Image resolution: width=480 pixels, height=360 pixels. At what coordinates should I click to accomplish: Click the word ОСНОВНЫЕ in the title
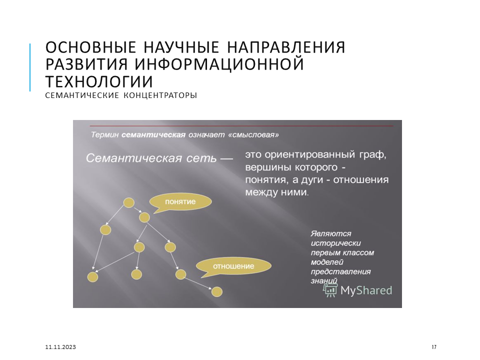tap(90, 47)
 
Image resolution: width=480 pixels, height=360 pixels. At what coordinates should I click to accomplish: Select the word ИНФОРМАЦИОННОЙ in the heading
tap(219, 64)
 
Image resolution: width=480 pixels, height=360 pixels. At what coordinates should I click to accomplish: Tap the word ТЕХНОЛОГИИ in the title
tap(99, 81)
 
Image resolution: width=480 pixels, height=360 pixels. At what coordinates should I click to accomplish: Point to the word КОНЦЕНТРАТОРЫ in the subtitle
tap(160, 95)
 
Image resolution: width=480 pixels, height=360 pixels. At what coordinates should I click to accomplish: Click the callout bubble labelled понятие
tap(180, 202)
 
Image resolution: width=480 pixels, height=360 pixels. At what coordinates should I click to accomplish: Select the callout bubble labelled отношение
tap(233, 266)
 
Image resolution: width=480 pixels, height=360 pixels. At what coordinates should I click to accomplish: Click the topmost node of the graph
tap(129, 202)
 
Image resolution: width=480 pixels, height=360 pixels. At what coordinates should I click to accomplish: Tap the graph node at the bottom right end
tap(216, 291)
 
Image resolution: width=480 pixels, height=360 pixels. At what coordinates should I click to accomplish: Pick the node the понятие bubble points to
tap(144, 217)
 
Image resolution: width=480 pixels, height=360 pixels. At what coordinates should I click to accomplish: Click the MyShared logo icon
tap(330, 290)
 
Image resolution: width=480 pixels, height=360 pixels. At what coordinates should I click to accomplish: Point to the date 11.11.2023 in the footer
tap(60, 347)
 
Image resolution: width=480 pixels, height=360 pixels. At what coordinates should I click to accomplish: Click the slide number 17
tap(434, 347)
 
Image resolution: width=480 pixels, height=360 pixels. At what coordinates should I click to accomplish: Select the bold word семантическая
tap(153, 134)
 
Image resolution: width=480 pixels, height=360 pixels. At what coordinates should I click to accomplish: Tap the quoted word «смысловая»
tap(254, 134)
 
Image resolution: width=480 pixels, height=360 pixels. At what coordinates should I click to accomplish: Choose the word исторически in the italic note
tap(336, 243)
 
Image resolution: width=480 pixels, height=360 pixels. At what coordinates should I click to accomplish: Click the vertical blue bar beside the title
tap(30, 67)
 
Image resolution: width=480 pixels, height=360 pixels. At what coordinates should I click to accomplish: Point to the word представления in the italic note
tap(340, 272)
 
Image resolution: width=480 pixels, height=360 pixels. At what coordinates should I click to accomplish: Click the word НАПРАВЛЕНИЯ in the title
tap(286, 47)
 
